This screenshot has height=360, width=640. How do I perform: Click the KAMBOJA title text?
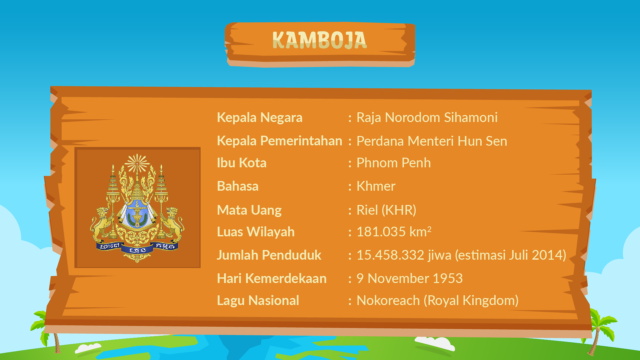(319, 40)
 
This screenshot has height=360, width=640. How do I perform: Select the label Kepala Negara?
(259, 118)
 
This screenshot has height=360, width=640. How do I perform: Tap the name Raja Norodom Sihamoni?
(427, 117)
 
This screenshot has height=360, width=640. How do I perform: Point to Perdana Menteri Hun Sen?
(432, 141)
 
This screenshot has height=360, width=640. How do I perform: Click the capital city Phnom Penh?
(394, 163)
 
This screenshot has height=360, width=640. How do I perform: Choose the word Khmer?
(376, 186)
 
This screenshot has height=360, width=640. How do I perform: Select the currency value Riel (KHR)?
(386, 210)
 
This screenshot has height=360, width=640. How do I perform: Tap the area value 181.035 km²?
(394, 231)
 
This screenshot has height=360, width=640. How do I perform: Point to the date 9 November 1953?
(410, 278)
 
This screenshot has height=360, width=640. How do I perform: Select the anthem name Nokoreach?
(388, 300)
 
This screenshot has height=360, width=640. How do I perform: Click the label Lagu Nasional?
(258, 300)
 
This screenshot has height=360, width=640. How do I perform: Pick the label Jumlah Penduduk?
(269, 255)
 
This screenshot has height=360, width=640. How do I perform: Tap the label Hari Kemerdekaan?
(272, 278)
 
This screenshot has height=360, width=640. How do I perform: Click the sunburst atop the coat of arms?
(137, 163)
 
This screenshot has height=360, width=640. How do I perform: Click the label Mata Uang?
(249, 210)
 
